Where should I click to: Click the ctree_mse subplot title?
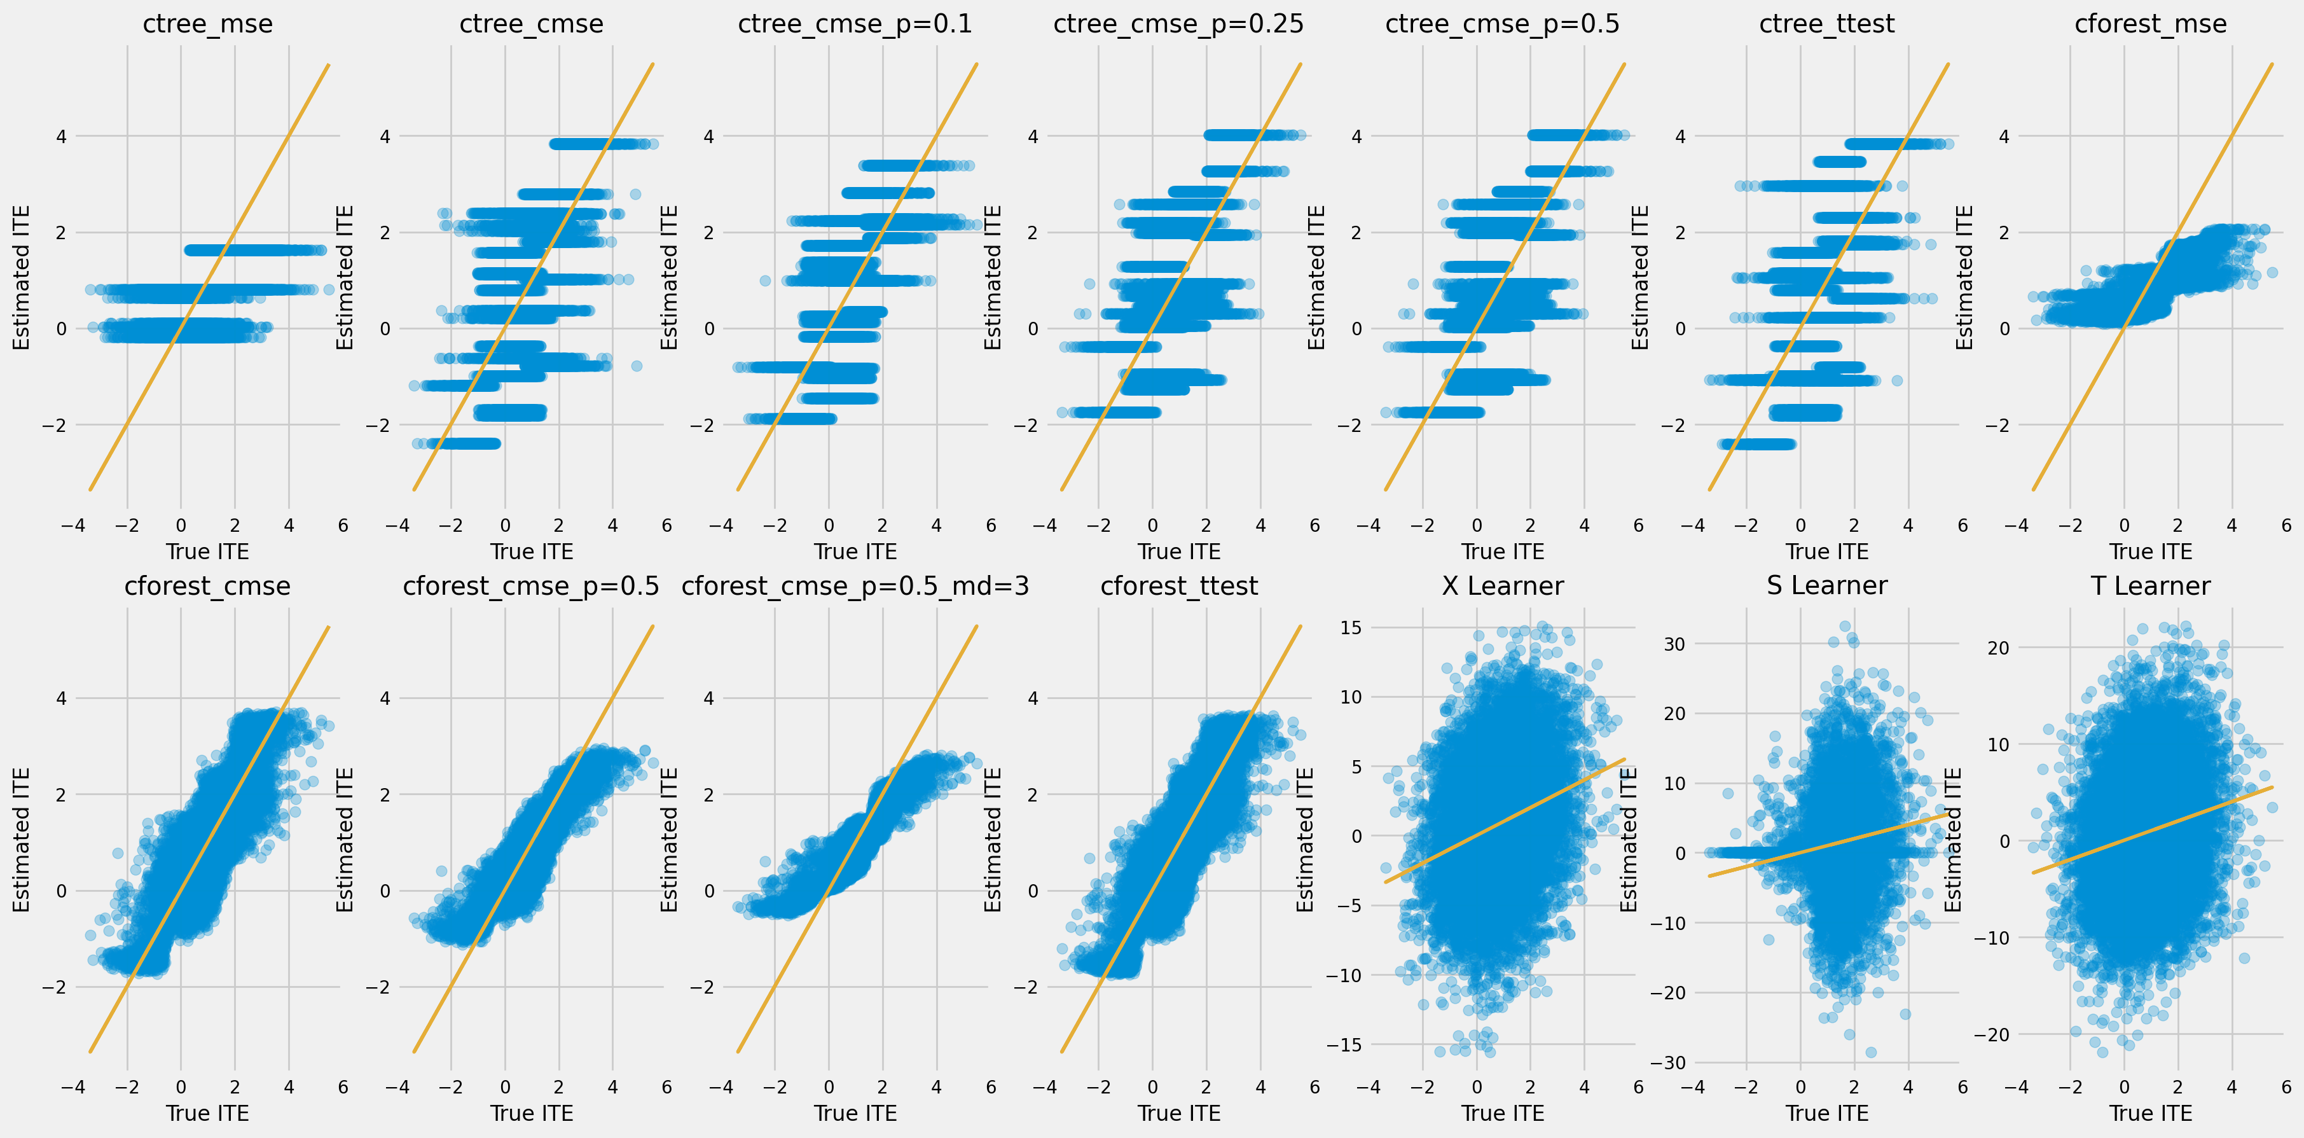tap(207, 24)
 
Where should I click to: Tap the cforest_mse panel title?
tap(2150, 24)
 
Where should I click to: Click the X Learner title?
tap(1503, 586)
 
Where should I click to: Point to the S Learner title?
tap(1826, 586)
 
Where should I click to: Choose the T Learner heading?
tap(2150, 586)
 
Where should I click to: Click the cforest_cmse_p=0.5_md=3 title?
tap(855, 586)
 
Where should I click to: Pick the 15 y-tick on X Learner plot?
tap(1351, 627)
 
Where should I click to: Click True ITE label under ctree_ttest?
tap(1826, 551)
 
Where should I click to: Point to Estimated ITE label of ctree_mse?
tap(22, 277)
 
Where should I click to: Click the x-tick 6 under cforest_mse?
tap(2286, 525)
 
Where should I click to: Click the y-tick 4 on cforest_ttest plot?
tap(1032, 698)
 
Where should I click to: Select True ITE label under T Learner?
tap(2150, 1113)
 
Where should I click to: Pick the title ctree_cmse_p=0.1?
tap(855, 24)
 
